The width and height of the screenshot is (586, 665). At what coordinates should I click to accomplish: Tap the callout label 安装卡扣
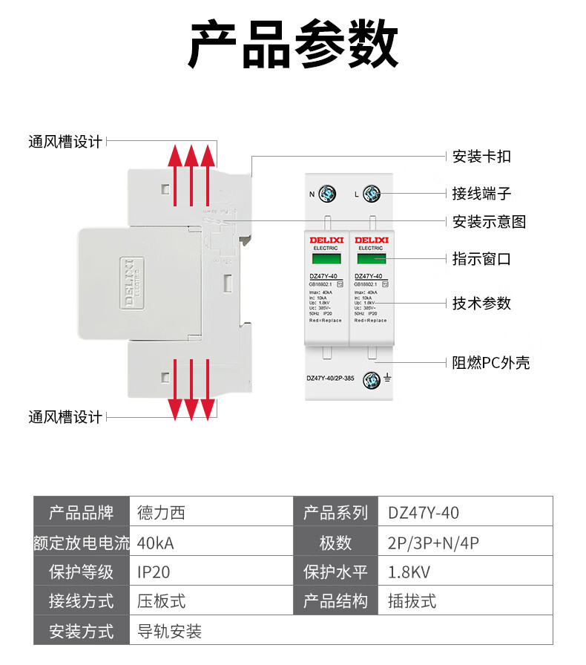point(481,157)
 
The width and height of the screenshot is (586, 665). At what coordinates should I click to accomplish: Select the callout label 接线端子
point(481,194)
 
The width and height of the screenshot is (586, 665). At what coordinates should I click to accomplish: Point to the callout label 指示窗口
point(481,259)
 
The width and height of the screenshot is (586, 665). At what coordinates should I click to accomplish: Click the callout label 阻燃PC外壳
point(491,363)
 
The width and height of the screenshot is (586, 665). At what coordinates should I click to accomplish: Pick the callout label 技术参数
point(481,303)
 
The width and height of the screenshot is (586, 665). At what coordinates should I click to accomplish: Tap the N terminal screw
point(327,194)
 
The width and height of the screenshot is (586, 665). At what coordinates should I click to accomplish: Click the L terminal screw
point(372,194)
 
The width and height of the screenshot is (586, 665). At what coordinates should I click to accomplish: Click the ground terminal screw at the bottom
point(371,381)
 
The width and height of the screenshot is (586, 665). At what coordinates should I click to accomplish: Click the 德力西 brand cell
point(161,512)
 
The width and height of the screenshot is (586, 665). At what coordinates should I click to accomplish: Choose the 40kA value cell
point(156,543)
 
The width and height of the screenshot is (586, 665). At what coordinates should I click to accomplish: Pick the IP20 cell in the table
point(154,572)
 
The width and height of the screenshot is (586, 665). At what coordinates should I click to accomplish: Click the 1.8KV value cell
point(409,572)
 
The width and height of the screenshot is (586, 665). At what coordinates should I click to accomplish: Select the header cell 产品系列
point(335,512)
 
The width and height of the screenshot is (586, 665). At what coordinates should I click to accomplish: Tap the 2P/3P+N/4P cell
point(433,543)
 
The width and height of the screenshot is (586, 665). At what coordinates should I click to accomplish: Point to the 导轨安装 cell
point(170,632)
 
